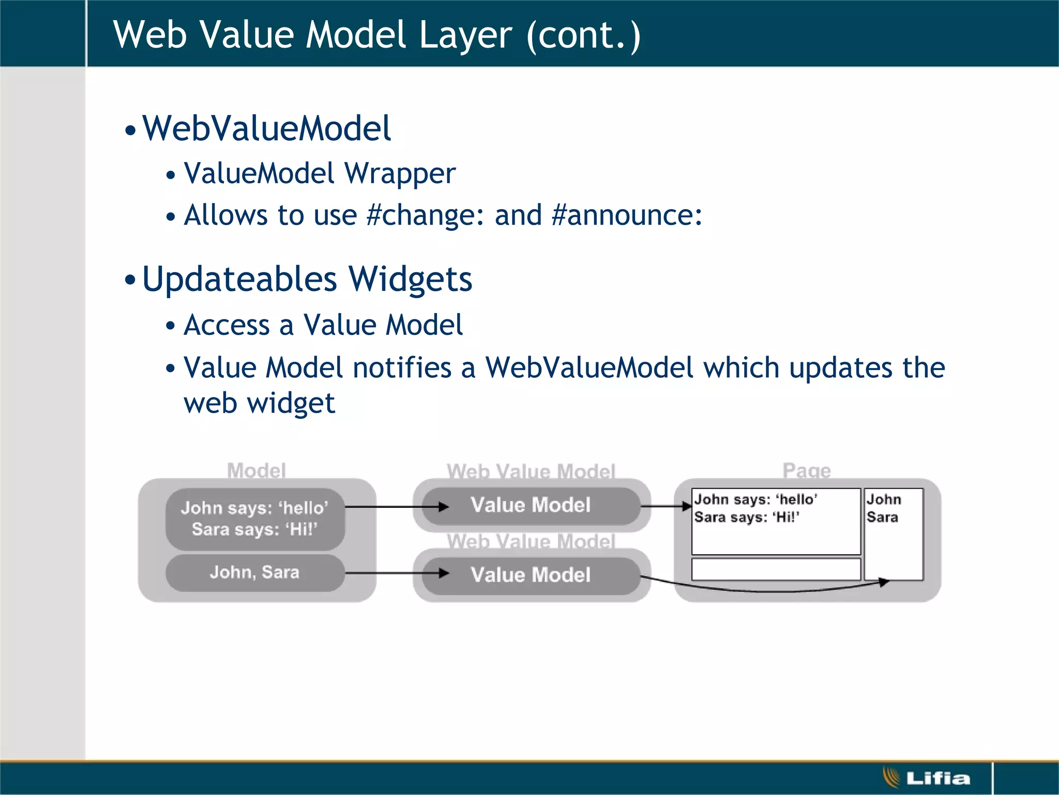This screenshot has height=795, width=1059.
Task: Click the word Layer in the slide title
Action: (465, 35)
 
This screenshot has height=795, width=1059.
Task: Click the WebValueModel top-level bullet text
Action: (266, 128)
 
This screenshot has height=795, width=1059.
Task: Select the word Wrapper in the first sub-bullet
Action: (400, 173)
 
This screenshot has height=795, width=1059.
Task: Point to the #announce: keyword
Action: (627, 215)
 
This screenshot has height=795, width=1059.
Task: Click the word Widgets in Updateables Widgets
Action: (410, 279)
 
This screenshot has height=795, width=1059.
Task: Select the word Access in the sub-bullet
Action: (227, 326)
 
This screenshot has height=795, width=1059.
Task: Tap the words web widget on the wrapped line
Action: (259, 403)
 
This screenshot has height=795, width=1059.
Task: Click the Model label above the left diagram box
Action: (256, 470)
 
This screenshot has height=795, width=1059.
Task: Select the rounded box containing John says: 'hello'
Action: (255, 519)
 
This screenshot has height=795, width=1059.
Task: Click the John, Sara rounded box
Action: (255, 572)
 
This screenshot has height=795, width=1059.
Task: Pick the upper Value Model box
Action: (531, 505)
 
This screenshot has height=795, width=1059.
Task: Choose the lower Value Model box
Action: (531, 575)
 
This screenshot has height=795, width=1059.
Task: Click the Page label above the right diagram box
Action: (806, 470)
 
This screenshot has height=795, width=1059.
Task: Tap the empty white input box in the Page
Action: (776, 569)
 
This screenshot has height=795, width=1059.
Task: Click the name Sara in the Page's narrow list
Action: (882, 517)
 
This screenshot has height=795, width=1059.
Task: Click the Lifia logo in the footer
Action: (927, 778)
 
